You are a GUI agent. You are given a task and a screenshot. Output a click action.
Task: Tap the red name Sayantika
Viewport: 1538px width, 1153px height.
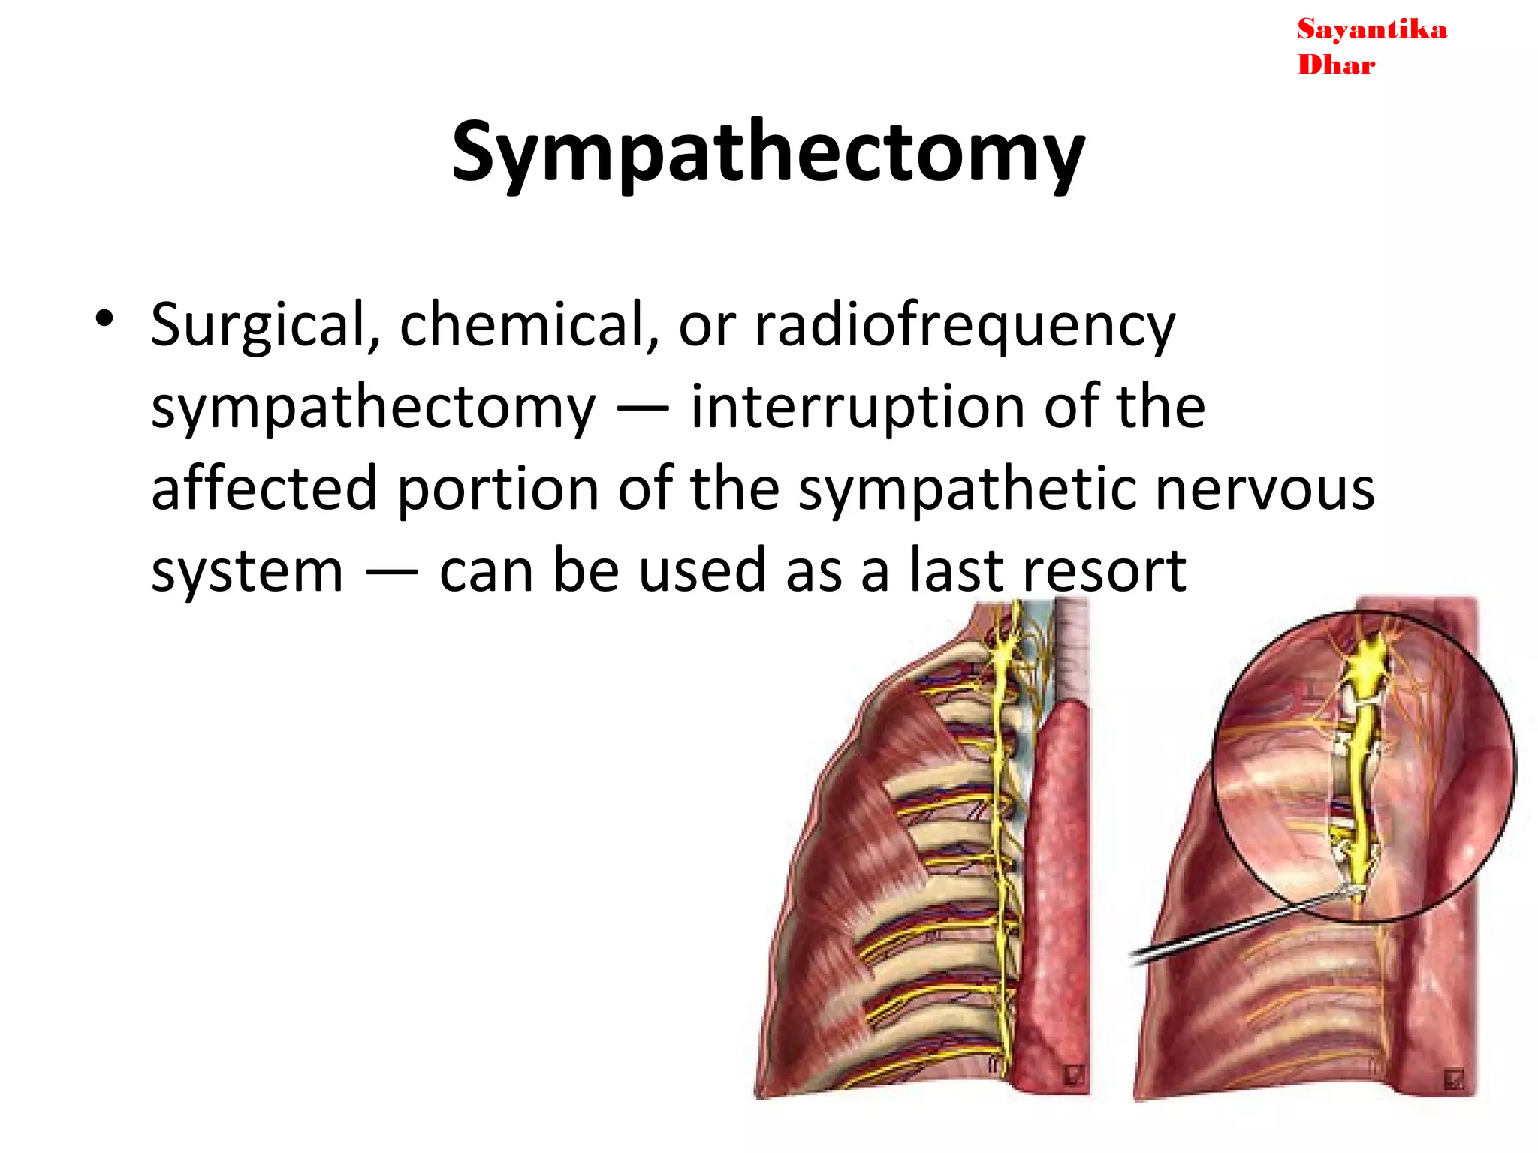pyautogui.click(x=1371, y=30)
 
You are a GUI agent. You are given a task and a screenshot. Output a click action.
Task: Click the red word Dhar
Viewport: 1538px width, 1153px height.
pyautogui.click(x=1336, y=65)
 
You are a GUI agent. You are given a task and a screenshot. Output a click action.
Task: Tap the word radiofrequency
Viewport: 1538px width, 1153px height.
pyautogui.click(x=964, y=326)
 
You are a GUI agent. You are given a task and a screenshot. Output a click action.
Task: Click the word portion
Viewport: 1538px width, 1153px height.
pyautogui.click(x=497, y=489)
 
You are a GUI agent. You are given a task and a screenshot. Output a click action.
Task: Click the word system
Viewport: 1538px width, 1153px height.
pyautogui.click(x=247, y=572)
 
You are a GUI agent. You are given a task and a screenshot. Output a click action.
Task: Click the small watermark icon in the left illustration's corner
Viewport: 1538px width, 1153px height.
pyautogui.click(x=1072, y=1075)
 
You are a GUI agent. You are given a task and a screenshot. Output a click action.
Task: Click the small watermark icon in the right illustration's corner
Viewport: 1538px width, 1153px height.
pyautogui.click(x=1454, y=1079)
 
